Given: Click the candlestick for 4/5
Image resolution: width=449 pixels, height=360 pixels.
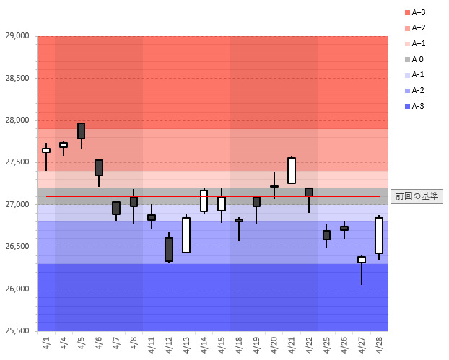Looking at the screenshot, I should tap(81, 131).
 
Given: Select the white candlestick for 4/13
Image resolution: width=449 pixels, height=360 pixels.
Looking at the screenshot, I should tap(186, 235).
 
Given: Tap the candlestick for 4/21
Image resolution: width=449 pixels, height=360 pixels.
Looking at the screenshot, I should tap(292, 170).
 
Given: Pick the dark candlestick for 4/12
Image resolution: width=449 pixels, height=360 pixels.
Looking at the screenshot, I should tap(169, 249).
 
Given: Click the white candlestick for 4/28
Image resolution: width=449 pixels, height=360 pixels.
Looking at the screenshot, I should tap(379, 235).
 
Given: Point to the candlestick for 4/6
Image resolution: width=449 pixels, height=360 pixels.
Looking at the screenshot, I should tap(99, 167).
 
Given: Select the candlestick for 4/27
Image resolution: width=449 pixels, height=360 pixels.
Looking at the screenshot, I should tap(362, 260).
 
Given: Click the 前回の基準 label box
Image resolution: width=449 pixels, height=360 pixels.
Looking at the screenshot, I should tap(416, 196).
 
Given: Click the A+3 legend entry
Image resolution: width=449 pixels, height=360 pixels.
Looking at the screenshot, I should tap(416, 12).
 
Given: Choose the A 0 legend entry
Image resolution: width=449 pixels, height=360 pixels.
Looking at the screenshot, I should tap(414, 59).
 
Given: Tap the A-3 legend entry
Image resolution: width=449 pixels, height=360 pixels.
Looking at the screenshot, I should tap(414, 106).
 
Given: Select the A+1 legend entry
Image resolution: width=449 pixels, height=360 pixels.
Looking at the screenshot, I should tap(416, 43).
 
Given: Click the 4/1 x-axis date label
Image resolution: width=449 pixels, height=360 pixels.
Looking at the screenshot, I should tap(46, 345).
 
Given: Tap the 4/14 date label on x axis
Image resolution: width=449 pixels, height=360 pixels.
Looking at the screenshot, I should tap(204, 345).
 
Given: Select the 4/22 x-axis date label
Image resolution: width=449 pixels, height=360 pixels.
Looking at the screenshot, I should tap(309, 345).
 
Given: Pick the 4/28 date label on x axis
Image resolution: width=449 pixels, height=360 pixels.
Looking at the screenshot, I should tap(379, 345).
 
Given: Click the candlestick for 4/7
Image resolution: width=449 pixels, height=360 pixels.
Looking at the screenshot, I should tap(116, 208).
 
